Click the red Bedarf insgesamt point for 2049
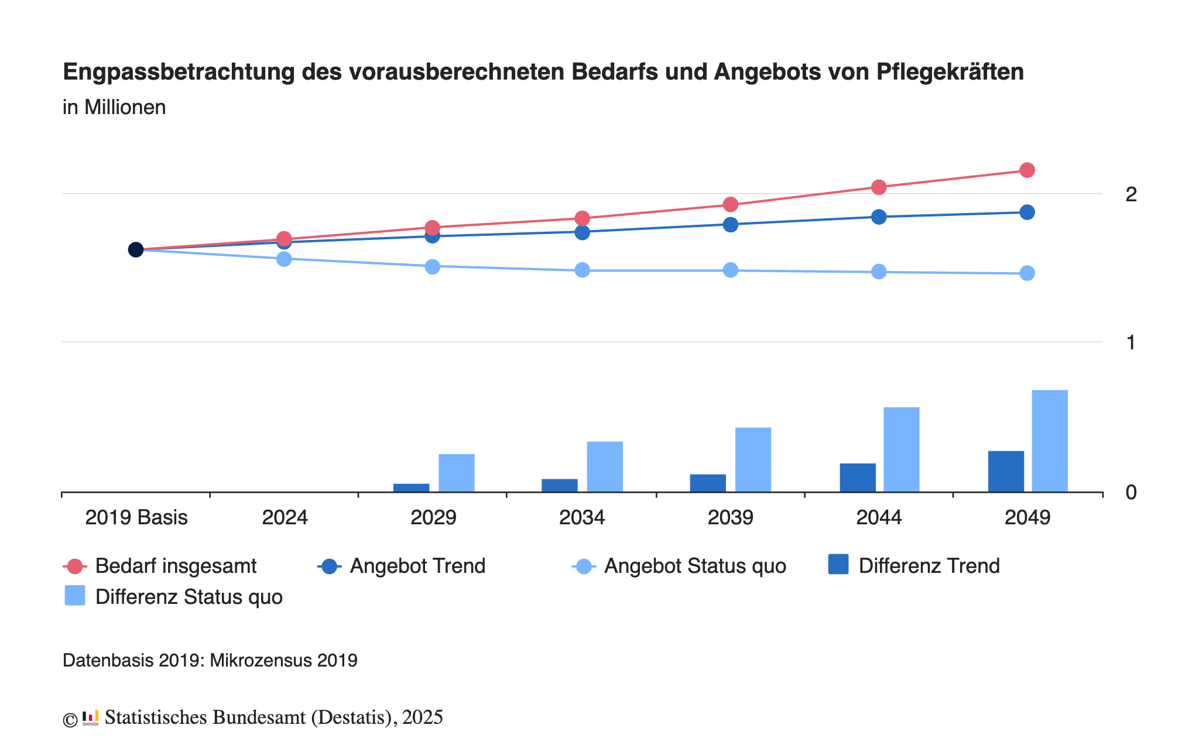point(1027,170)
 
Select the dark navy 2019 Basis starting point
point(136,250)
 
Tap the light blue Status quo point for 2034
point(582,270)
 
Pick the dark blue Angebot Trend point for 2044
point(879,217)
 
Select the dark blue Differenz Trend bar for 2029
point(411,487)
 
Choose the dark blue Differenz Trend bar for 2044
point(858,477)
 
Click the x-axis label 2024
point(285,518)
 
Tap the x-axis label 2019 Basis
point(136,518)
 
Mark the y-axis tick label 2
point(1131,194)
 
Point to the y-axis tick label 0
point(1131,493)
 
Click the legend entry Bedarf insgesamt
point(176,566)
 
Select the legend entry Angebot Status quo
point(695,566)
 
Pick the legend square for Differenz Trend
point(838,565)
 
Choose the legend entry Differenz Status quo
point(189,597)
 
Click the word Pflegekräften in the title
point(950,72)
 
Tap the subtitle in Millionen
point(114,108)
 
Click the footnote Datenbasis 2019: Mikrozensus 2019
point(210,661)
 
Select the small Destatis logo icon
point(90,717)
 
